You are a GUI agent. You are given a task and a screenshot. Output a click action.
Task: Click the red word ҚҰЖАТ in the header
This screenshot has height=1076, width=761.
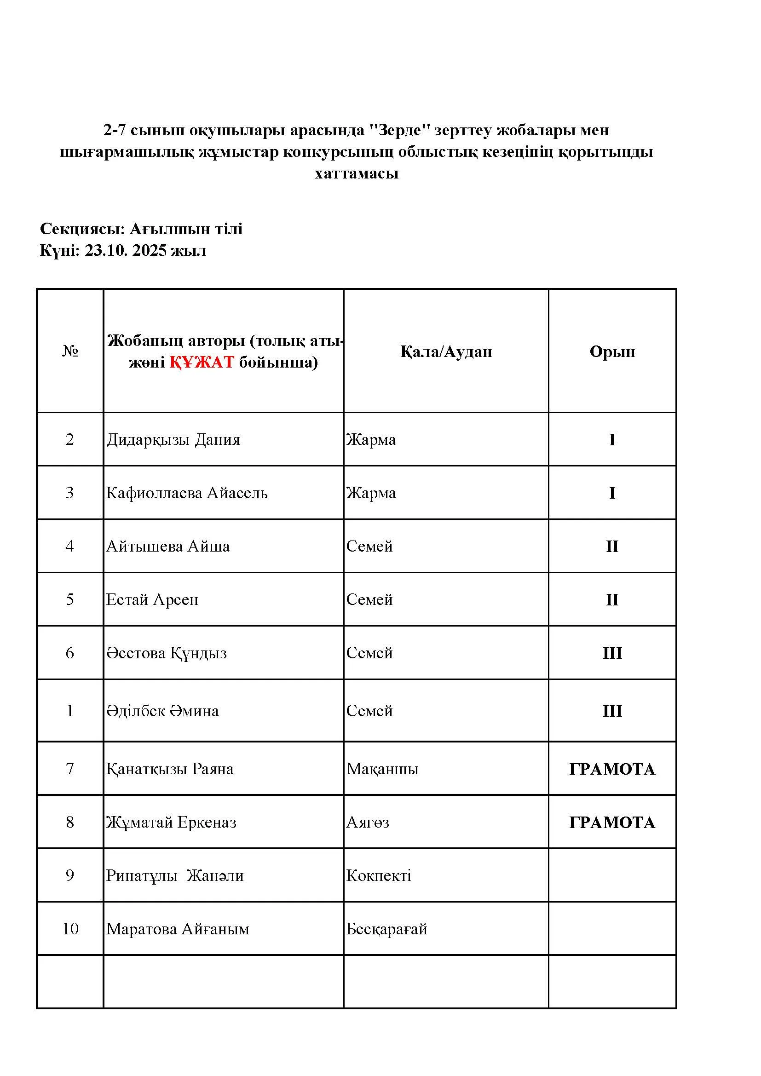202,362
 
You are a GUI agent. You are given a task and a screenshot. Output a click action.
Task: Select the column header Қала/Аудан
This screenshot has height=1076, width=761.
446,351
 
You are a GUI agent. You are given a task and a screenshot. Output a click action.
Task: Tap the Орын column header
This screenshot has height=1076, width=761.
612,351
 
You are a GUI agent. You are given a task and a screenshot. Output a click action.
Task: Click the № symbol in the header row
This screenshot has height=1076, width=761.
70,351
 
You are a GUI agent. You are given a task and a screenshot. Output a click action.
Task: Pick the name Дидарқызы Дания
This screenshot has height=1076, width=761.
173,440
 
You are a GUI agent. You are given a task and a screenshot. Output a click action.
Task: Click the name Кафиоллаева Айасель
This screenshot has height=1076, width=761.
186,493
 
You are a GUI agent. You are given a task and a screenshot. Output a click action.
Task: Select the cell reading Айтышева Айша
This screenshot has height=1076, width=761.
168,547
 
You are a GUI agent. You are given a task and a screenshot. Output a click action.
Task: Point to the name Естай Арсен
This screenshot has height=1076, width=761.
152,600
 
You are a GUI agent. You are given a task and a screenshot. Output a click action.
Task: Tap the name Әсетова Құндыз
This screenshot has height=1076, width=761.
167,653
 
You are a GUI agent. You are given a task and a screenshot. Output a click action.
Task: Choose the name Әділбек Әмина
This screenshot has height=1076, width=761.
162,711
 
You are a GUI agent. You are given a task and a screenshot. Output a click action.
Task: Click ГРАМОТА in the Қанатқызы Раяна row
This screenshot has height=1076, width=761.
612,769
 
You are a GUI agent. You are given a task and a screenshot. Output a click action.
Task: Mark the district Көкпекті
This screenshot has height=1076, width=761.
379,875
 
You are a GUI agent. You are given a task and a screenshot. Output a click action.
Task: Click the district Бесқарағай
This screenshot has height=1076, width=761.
386,929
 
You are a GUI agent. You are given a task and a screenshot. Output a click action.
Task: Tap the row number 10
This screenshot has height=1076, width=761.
70,929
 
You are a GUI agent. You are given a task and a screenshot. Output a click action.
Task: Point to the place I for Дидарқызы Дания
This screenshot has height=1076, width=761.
612,440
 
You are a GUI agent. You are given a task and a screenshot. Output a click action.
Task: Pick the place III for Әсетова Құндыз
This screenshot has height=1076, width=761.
612,653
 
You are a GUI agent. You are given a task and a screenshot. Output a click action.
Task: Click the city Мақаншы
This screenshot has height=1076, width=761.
382,769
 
